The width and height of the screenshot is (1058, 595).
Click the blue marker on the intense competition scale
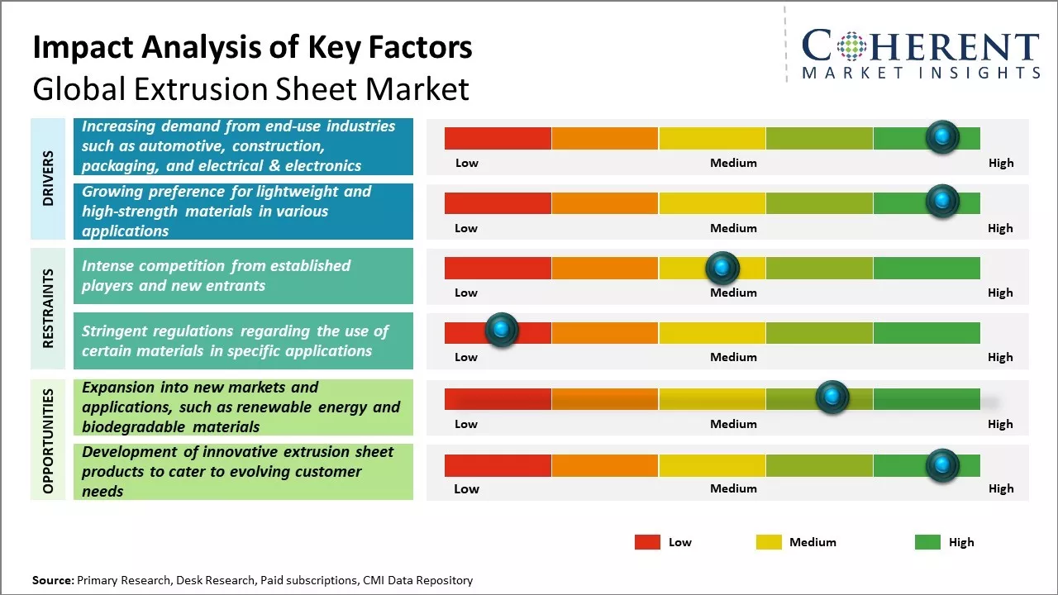tap(722, 268)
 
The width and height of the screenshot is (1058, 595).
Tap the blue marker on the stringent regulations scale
tap(501, 330)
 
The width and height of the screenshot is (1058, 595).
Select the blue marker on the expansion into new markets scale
tap(832, 397)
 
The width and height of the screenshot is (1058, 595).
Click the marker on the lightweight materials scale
tap(942, 201)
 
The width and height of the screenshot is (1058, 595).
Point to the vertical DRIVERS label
tap(48, 178)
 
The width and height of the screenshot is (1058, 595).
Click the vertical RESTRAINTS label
tap(48, 308)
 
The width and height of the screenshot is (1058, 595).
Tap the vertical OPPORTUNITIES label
tap(48, 440)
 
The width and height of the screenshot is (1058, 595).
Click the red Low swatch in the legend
tap(647, 542)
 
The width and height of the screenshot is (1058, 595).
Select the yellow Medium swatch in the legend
tap(769, 542)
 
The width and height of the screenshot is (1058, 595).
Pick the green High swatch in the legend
tap(927, 542)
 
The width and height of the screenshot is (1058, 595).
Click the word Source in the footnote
tap(52, 580)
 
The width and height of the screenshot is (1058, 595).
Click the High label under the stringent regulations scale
tap(1000, 357)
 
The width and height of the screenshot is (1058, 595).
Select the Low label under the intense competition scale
tap(466, 293)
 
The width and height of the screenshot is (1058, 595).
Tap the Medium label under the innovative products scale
tap(733, 488)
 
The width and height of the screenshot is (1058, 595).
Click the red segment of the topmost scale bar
tap(498, 138)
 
